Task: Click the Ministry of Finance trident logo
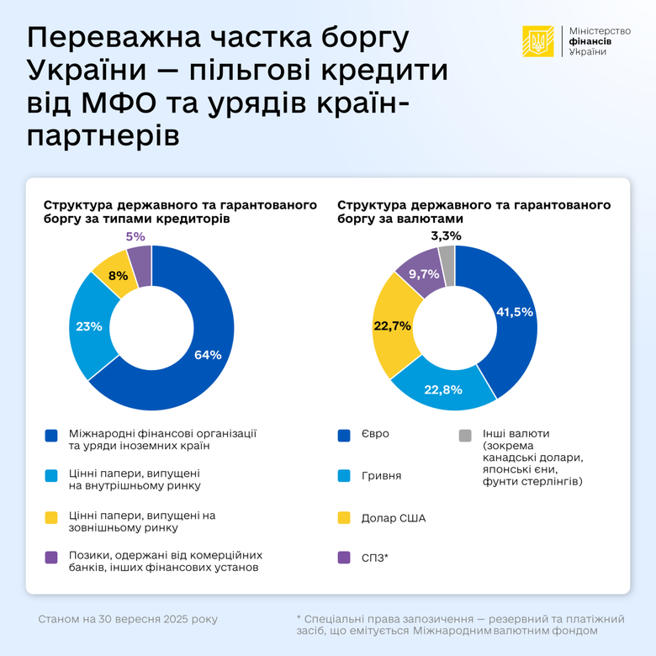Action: tap(537, 40)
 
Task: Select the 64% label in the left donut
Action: tap(208, 355)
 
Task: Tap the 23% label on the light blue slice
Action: tap(89, 326)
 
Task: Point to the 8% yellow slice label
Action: tap(119, 276)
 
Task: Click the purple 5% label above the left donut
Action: tap(135, 236)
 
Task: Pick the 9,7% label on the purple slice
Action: tap(424, 273)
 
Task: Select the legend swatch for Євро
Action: tap(344, 435)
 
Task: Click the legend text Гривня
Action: tap(380, 476)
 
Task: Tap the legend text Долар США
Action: tap(393, 518)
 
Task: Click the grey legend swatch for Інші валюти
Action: tap(465, 435)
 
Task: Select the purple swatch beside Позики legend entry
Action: tap(51, 557)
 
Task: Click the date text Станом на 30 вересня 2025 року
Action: tap(128, 619)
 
